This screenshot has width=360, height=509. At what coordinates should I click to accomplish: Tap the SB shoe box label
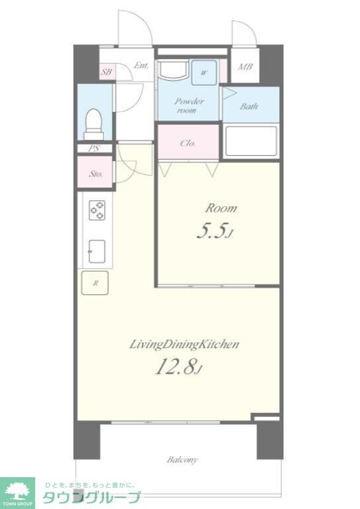[106, 72]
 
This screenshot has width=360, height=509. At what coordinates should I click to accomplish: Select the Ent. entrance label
[141, 66]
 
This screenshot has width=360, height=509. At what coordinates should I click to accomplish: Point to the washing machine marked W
[204, 73]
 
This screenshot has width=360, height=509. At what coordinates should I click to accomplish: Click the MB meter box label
[245, 67]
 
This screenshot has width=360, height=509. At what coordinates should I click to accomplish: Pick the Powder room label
[189, 105]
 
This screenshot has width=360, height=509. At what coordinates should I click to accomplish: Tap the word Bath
[249, 106]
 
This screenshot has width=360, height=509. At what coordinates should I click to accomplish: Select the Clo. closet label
[188, 143]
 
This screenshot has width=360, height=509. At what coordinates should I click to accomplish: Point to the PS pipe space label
[94, 148]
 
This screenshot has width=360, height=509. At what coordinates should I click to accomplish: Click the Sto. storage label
[95, 174]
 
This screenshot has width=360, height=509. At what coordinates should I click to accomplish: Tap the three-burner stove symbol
[97, 210]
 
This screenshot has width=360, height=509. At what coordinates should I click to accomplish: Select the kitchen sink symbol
[97, 252]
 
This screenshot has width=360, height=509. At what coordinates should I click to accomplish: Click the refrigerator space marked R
[95, 283]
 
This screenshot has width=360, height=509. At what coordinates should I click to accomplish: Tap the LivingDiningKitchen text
[184, 345]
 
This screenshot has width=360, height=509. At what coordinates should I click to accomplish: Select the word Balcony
[182, 460]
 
